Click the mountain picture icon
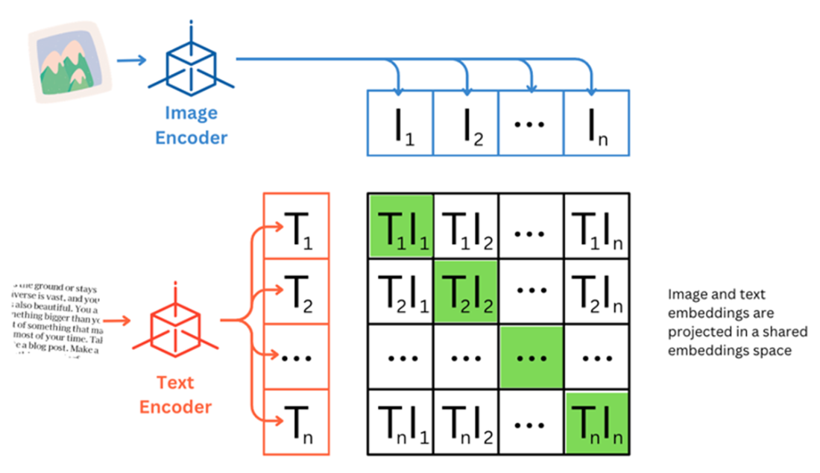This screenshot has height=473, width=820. (x=69, y=62)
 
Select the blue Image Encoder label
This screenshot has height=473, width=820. (x=192, y=125)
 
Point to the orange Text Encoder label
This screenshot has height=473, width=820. (x=176, y=395)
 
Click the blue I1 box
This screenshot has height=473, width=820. (x=400, y=122)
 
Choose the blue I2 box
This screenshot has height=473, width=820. (x=466, y=122)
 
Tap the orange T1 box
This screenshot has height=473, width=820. (x=296, y=226)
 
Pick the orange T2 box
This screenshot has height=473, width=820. (x=296, y=292)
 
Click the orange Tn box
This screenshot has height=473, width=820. (x=296, y=422)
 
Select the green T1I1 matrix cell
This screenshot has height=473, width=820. (x=401, y=226)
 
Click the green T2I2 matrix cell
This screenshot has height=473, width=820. (x=467, y=292)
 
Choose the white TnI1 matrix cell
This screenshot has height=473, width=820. (x=401, y=422)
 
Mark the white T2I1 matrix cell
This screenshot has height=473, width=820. (x=401, y=292)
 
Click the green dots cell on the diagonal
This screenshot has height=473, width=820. (x=532, y=357)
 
